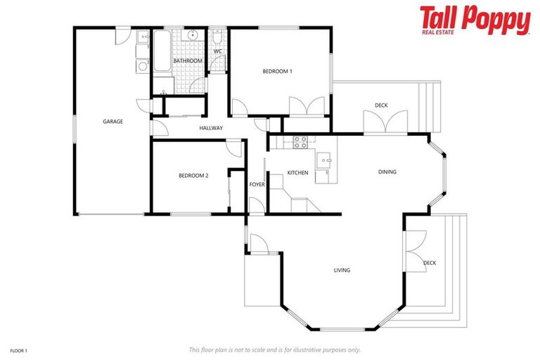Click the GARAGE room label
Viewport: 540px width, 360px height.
tap(112, 122)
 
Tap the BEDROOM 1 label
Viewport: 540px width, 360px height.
tap(277, 71)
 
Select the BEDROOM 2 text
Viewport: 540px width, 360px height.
tap(193, 176)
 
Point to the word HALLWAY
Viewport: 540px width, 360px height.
tap(211, 128)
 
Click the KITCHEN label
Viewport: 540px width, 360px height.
tap(297, 172)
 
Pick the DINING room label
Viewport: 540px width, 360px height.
tap(387, 172)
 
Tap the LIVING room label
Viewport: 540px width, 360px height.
tap(342, 270)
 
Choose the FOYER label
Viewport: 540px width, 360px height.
tap(257, 184)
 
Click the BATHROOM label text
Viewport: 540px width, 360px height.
tap(188, 61)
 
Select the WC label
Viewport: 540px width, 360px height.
tap(218, 51)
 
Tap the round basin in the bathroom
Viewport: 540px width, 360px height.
tap(191, 35)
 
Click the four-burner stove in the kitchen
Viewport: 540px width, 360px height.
tap(300, 139)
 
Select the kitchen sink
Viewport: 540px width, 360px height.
tap(325, 160)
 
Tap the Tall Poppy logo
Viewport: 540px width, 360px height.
tap(475, 20)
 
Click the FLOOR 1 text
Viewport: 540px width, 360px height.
tap(18, 349)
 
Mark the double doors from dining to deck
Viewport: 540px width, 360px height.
tap(385, 122)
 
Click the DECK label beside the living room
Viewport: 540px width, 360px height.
tap(430, 263)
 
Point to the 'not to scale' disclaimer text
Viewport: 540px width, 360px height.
tap(274, 349)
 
